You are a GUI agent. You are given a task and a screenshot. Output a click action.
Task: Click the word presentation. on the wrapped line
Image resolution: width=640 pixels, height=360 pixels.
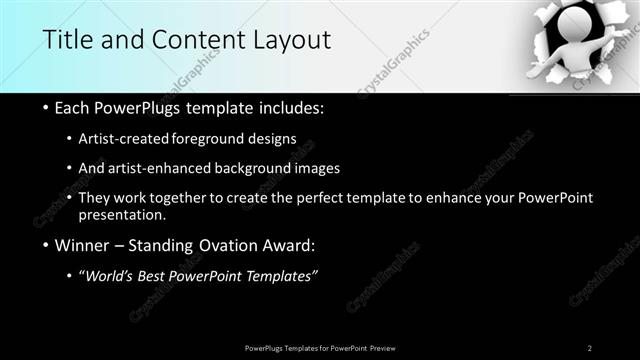(124, 215)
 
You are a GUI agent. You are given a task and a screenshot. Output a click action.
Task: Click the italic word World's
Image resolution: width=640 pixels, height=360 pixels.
(108, 276)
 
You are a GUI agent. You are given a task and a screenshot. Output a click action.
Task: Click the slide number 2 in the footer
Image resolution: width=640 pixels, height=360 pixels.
(590, 347)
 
